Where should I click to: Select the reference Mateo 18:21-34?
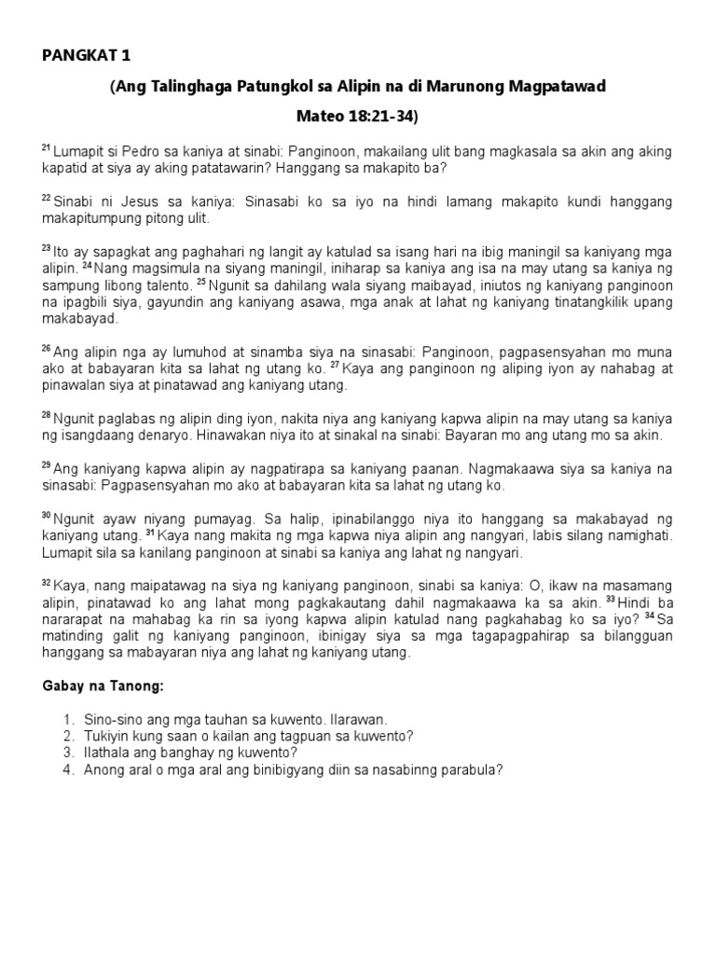tap(357, 118)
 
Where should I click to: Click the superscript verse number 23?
tap(46, 249)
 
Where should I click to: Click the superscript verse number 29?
tap(46, 464)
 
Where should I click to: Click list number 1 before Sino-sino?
tap(68, 721)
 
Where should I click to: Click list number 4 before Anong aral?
tap(68, 769)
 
